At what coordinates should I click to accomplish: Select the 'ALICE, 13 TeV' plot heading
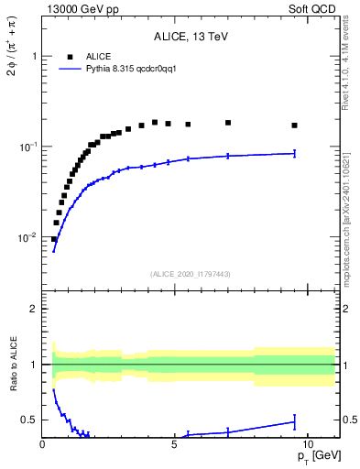pos(190,38)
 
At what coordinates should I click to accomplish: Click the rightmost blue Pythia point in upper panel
pos(294,153)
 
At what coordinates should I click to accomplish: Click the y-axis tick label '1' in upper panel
pos(34,56)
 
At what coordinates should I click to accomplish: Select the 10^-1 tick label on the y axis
pos(27,147)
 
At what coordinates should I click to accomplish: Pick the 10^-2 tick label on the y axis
pos(27,237)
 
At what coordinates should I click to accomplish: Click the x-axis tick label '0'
pos(43,443)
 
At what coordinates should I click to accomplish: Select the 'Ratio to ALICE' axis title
pos(11,365)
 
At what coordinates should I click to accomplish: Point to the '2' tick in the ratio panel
pos(34,309)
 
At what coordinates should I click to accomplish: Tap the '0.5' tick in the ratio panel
pos(29,420)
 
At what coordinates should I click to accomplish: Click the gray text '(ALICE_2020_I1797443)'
pos(190,274)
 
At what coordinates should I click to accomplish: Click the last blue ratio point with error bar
pos(294,422)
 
